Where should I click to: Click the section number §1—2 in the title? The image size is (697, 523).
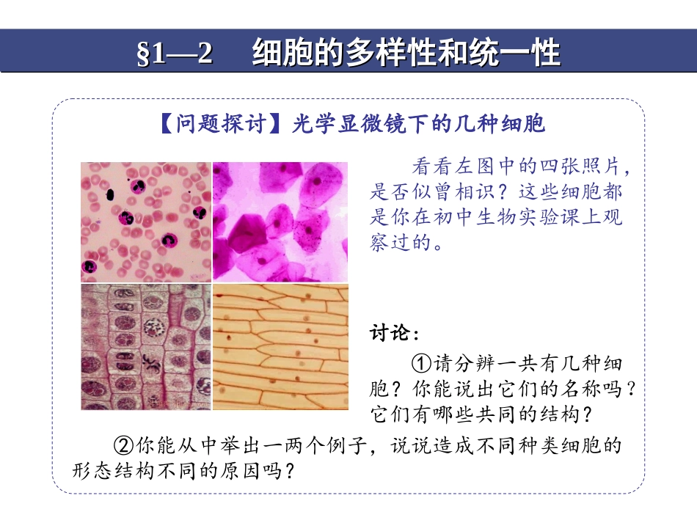point(175,54)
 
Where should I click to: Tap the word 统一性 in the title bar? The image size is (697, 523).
point(525,54)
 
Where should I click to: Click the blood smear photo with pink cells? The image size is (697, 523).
point(145,222)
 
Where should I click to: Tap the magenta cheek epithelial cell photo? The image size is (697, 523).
point(280,222)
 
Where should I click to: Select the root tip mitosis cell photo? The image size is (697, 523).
point(145,347)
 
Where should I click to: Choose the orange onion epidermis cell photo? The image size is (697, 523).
point(280,347)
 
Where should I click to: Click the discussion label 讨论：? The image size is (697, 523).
point(394,334)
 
